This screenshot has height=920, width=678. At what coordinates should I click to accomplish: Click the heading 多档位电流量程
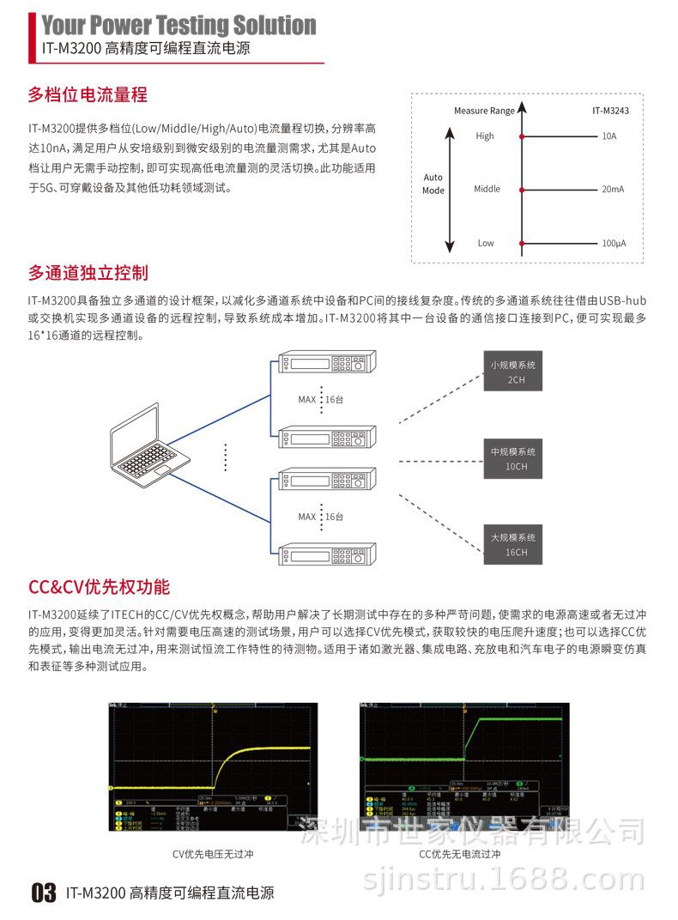(88, 94)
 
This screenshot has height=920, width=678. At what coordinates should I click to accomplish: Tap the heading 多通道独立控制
(88, 273)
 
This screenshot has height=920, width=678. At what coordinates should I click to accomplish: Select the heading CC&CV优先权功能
(99, 587)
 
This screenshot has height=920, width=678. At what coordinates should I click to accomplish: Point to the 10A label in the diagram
(609, 136)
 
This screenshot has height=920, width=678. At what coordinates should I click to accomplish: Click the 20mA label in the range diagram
(613, 189)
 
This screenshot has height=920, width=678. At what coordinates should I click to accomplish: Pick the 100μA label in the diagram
(613, 243)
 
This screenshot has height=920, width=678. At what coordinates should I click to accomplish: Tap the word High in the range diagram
(485, 136)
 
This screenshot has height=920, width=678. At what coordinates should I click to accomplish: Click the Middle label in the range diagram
(486, 189)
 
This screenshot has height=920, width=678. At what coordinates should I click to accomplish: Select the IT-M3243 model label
(610, 111)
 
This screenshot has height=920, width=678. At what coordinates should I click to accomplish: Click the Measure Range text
(484, 111)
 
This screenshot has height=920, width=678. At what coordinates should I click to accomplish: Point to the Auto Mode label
(433, 184)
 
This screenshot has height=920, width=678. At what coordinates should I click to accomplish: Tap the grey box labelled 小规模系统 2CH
(514, 372)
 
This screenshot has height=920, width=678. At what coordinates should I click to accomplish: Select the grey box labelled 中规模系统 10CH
(514, 458)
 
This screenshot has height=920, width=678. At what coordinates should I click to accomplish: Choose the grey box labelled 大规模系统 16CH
(514, 544)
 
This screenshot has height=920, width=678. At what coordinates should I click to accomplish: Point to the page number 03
(43, 893)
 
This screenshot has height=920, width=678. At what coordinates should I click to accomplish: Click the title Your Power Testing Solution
(179, 25)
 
